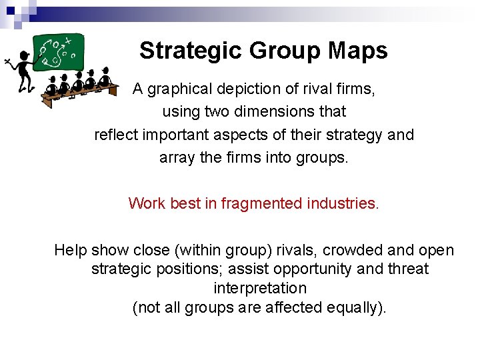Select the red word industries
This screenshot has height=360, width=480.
(x=345, y=203)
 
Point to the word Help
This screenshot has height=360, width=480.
(x=71, y=250)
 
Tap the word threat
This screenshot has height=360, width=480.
(x=407, y=269)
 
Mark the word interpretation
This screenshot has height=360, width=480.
(x=260, y=289)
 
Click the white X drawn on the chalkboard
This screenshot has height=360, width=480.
(x=67, y=41)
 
